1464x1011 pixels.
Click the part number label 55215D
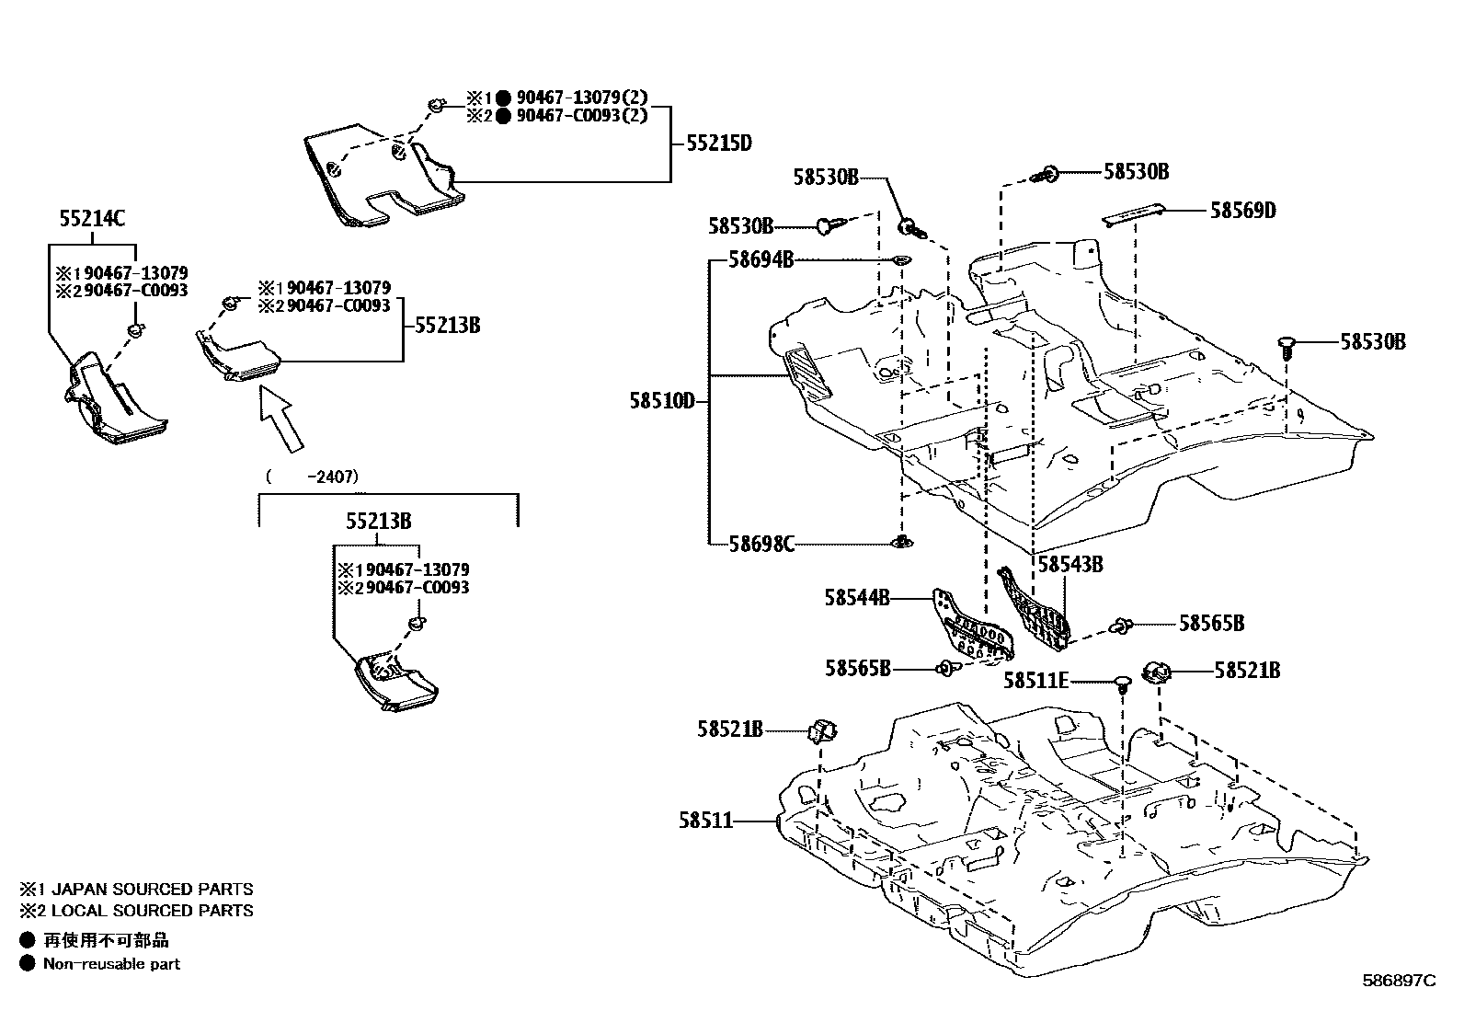718,144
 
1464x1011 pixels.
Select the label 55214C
92,219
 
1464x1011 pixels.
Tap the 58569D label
1242,211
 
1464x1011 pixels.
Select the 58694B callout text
761,260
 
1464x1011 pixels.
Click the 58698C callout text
761,544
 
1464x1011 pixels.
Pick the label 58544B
856,598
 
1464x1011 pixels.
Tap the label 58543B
1069,565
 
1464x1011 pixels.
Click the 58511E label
1035,681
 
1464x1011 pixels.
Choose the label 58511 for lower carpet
706,820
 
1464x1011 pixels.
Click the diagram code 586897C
1398,981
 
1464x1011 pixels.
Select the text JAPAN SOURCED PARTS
152,890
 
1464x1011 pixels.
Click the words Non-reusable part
111,964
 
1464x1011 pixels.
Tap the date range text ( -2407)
311,477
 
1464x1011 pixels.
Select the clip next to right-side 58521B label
1156,672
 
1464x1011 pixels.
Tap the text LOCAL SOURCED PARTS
152,911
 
